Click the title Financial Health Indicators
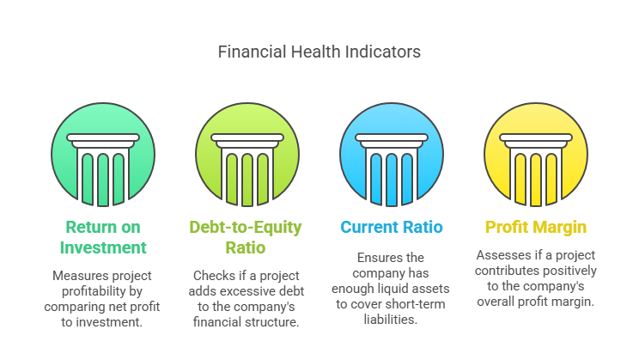point(319,52)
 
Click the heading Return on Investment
point(103,237)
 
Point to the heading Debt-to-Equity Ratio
point(246,237)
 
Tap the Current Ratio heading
point(392,227)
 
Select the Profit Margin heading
point(535,227)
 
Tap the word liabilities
point(391,320)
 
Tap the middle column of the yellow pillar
point(535,180)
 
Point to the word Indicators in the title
point(383,52)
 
